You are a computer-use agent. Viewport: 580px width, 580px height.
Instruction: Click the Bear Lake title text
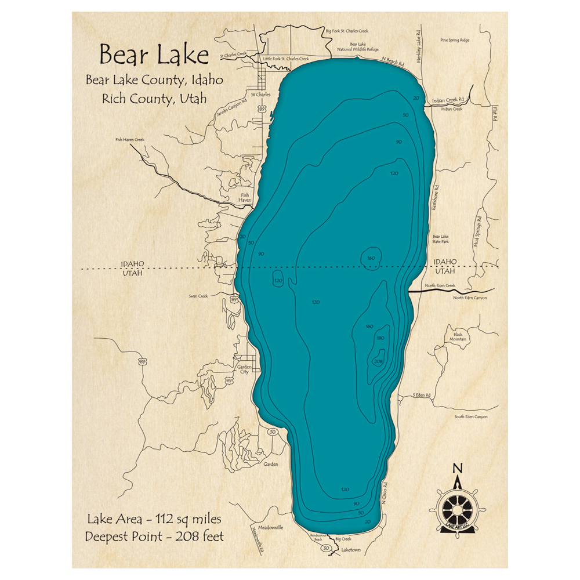coord(154,55)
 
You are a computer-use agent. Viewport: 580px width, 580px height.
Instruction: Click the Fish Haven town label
coord(244,198)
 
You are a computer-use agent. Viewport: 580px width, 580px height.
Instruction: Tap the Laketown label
coord(351,549)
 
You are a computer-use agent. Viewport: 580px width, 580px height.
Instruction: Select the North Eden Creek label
coord(440,285)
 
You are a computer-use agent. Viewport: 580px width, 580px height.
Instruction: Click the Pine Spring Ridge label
coord(454,40)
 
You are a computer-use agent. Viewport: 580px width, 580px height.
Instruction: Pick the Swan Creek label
coord(198,296)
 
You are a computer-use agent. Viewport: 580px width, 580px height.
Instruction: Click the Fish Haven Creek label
coord(129,140)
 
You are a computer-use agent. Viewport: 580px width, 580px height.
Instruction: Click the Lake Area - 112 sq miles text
coord(154,518)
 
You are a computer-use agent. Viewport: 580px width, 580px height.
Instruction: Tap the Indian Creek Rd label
coord(449,100)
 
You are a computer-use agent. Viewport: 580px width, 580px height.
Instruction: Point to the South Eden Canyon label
coord(471,416)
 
